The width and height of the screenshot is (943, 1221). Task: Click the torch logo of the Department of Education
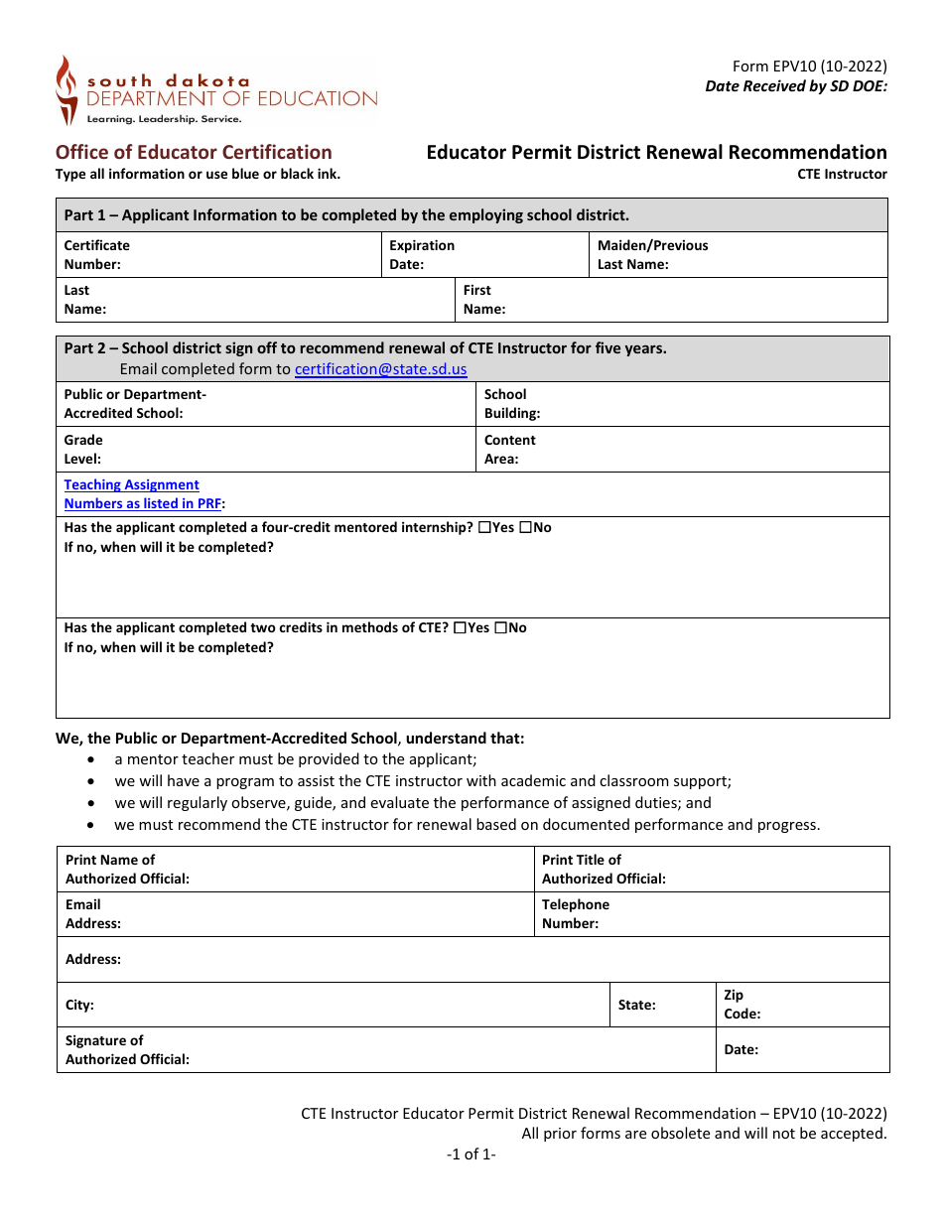(66, 89)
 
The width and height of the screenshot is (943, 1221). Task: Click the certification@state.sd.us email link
(380, 369)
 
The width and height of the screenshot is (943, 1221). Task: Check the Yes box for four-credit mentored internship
(484, 528)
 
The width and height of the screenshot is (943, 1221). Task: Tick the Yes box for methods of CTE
(460, 628)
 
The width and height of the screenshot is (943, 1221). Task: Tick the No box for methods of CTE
(500, 628)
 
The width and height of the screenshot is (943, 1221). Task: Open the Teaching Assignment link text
(131, 484)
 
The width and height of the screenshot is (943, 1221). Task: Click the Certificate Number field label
(96, 255)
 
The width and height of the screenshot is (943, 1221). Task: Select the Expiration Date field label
(422, 255)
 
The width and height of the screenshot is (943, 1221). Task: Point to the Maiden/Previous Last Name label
(652, 255)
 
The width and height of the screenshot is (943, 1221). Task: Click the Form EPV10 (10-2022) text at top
(809, 67)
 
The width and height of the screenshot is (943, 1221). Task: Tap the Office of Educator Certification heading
(194, 152)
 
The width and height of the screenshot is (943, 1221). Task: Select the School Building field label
(511, 404)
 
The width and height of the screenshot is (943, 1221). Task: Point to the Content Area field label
(509, 450)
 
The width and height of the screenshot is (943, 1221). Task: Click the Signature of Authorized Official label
(127, 1050)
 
